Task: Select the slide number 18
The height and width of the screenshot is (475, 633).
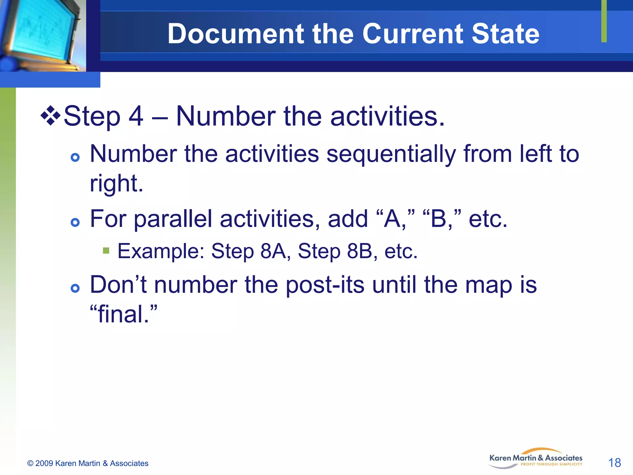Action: pyautogui.click(x=614, y=463)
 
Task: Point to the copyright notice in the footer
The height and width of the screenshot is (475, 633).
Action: pyautogui.click(x=88, y=463)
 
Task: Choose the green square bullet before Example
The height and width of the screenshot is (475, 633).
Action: pyautogui.click(x=106, y=250)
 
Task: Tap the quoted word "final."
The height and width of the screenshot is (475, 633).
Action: pyautogui.click(x=123, y=314)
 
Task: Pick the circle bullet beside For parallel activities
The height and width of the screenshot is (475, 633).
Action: pyautogui.click(x=75, y=222)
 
